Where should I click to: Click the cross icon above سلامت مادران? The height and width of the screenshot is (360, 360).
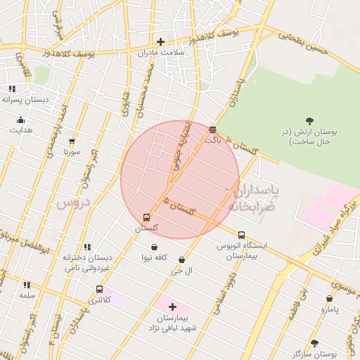(x=161, y=41)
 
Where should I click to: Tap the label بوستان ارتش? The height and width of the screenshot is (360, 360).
(x=310, y=137)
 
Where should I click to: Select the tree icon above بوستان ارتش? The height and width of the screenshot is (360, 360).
(x=310, y=121)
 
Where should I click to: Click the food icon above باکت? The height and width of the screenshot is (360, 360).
(x=213, y=129)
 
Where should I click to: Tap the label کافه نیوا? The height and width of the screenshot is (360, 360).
(x=153, y=257)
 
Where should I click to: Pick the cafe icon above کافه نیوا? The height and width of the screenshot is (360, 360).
(x=153, y=247)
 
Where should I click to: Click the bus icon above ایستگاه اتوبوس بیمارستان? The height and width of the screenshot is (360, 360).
(x=242, y=236)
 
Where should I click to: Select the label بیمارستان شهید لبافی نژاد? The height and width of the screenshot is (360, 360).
(x=172, y=323)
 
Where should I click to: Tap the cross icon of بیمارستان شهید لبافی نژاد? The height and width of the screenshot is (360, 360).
(x=172, y=307)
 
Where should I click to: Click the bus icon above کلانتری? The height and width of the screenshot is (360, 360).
(x=99, y=289)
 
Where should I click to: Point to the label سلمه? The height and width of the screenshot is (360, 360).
(x=27, y=295)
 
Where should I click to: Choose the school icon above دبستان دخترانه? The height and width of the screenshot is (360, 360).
(x=87, y=247)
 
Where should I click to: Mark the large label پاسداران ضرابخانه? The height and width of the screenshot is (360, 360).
(x=253, y=198)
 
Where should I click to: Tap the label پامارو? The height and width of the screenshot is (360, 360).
(x=330, y=309)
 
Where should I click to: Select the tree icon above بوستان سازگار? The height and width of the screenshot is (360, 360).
(x=314, y=343)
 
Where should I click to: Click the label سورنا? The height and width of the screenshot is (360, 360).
(x=72, y=151)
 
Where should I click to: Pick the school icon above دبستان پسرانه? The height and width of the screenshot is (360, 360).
(x=12, y=89)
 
